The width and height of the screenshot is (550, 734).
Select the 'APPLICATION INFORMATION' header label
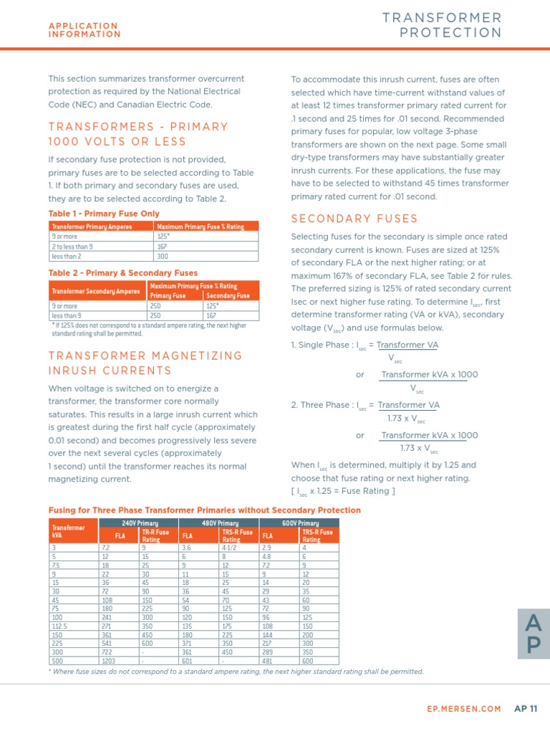(85, 30)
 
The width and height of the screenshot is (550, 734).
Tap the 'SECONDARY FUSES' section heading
(354, 219)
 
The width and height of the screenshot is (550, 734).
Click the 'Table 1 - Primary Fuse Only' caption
(104, 214)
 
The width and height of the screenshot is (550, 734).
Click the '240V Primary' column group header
(139, 523)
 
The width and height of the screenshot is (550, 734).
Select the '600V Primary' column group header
(299, 523)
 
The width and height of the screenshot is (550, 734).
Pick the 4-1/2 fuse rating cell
(229, 548)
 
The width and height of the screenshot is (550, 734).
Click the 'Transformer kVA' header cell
(67, 531)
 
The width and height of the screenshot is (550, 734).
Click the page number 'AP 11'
(526, 709)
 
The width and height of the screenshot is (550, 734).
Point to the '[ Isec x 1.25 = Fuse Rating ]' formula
(343, 491)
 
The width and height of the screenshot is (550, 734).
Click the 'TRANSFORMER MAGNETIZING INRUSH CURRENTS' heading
(145, 363)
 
